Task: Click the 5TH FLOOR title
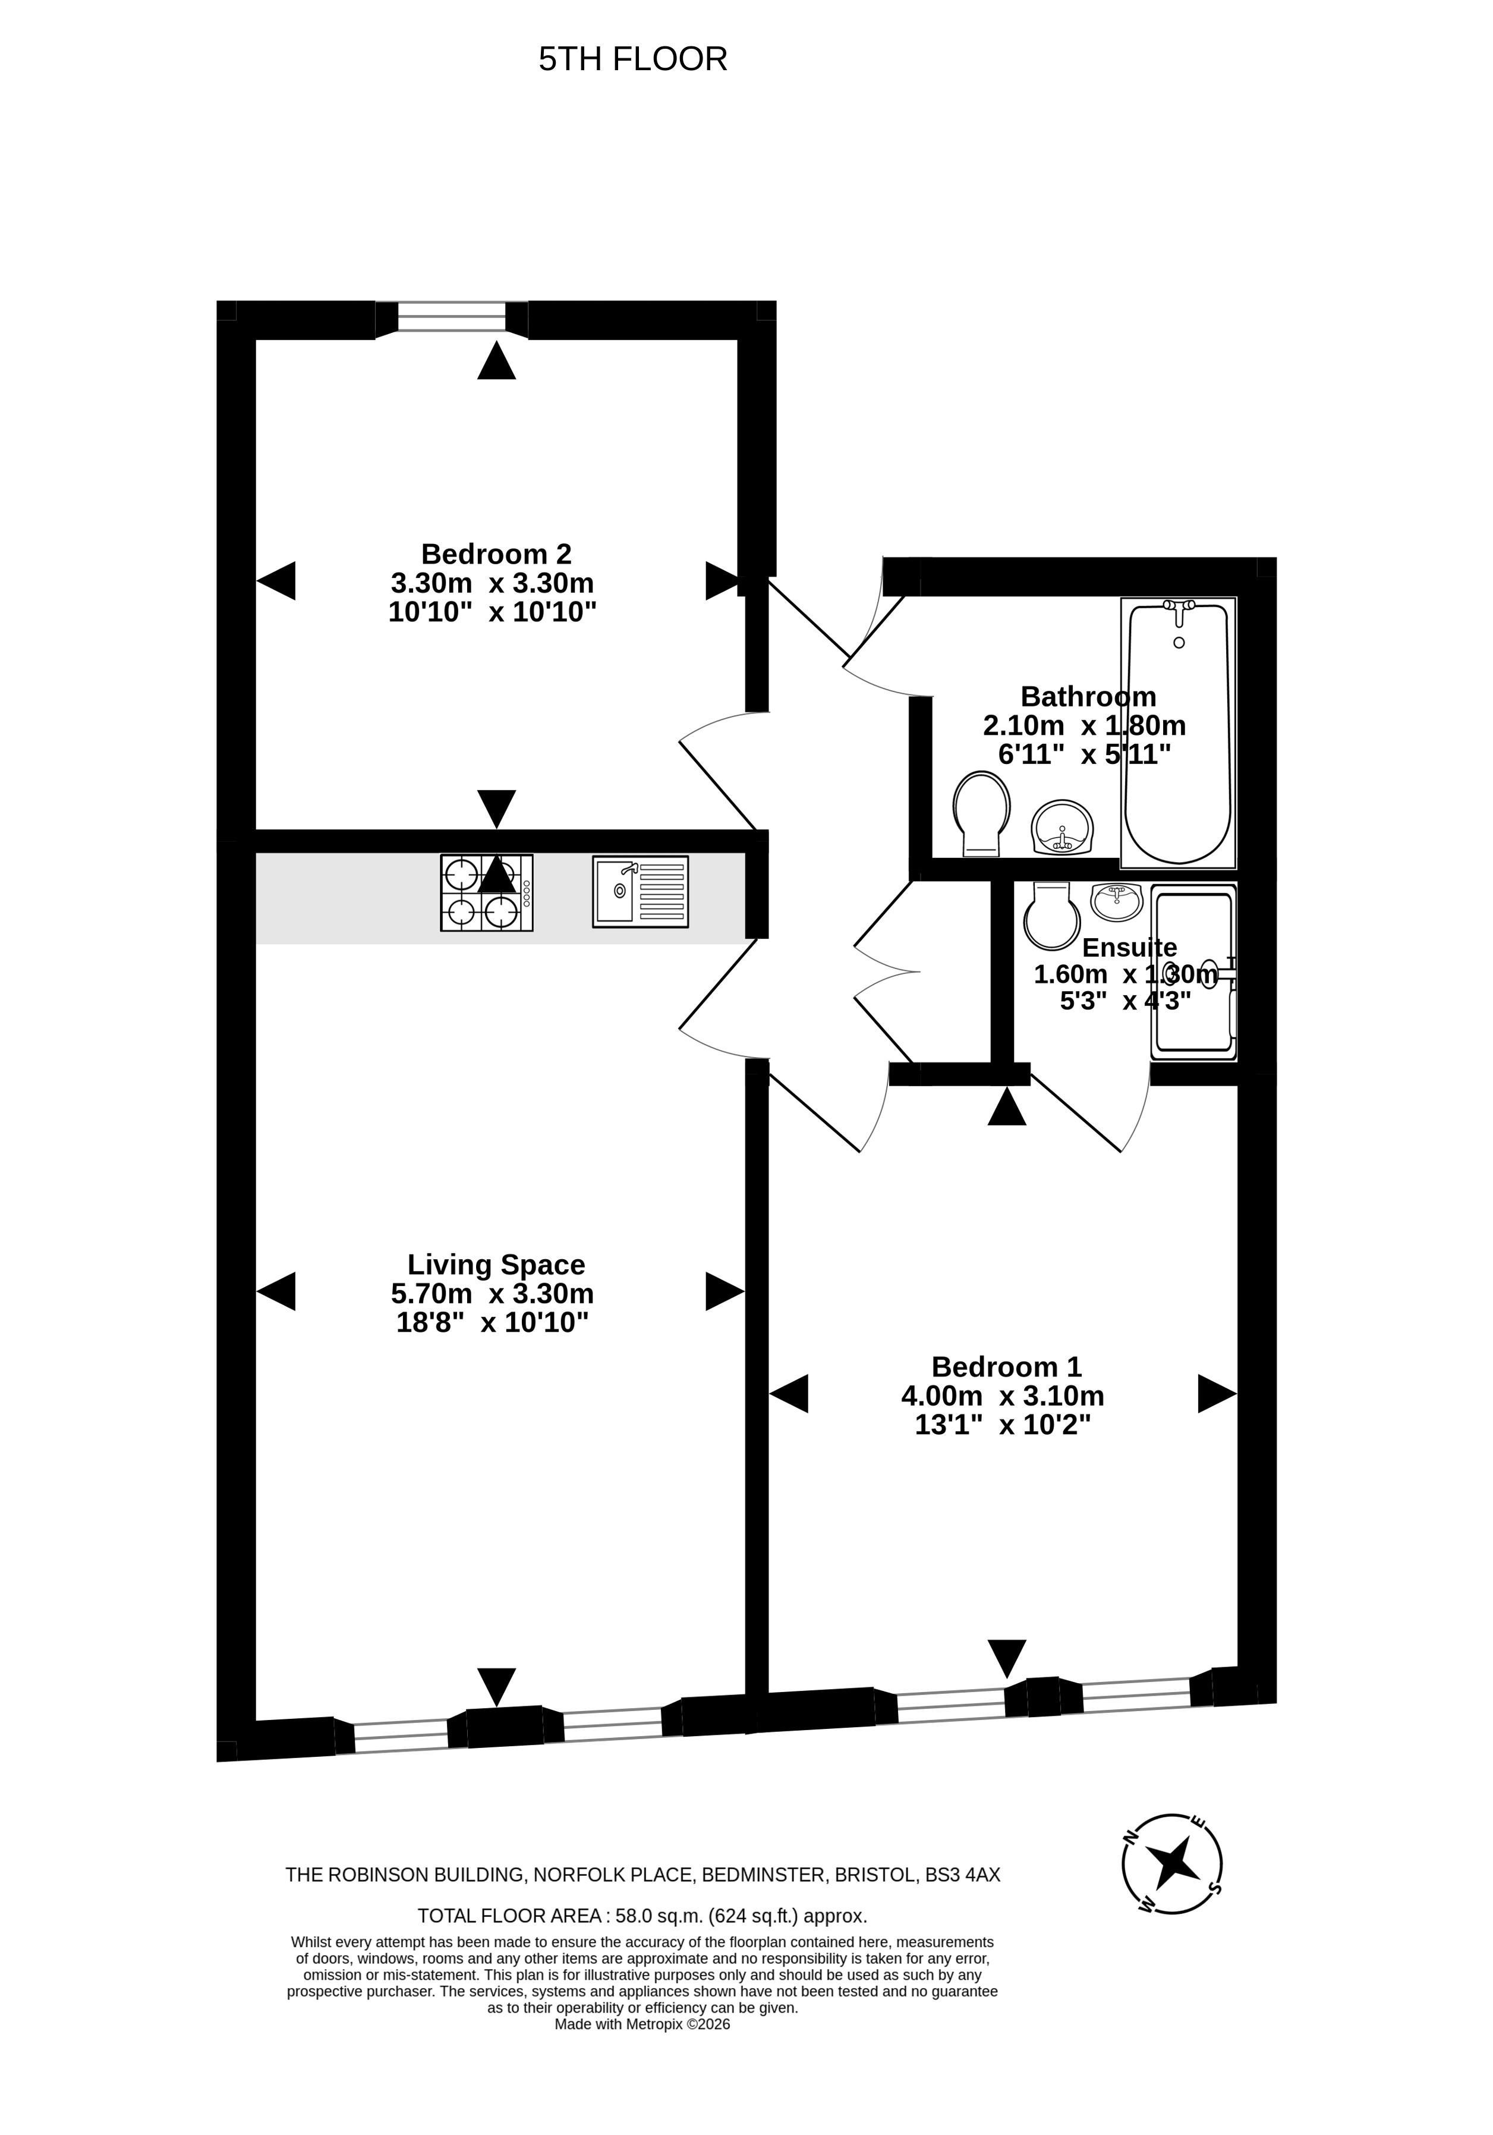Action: pos(632,59)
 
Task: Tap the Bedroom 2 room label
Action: pos(496,554)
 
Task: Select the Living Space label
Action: pos(496,1264)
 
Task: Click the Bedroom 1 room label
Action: pos(1007,1366)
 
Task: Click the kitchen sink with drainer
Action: pos(641,892)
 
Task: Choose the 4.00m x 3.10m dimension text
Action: pos(1003,1396)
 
